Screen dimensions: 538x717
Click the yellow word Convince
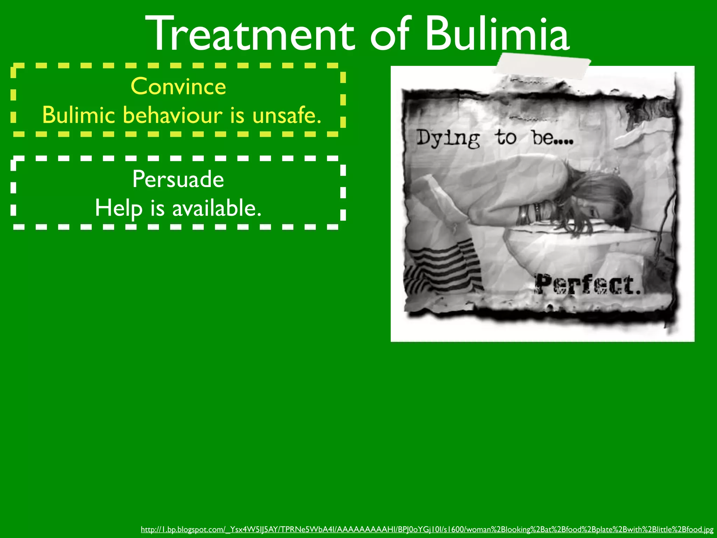[178, 86]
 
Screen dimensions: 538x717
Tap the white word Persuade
[178, 179]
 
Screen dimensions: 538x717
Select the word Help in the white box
[119, 208]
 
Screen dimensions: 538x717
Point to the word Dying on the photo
[448, 138]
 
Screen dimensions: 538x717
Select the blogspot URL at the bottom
[427, 529]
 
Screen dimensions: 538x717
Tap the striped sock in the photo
[445, 263]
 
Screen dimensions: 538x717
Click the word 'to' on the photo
[506, 137]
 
